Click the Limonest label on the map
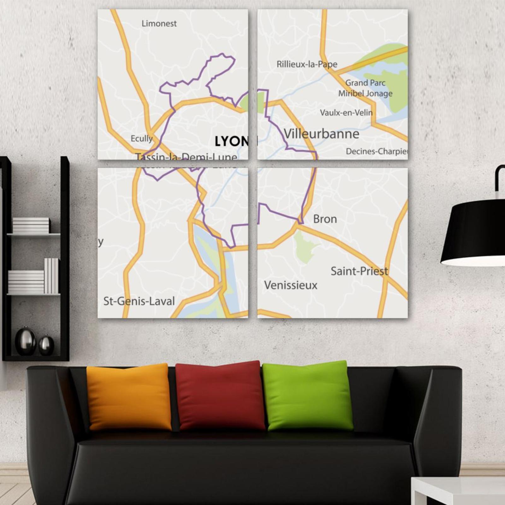pos(159,24)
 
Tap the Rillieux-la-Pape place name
pos(307,64)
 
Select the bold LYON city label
pos(232,141)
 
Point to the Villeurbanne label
pos(321,134)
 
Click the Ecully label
pos(142,138)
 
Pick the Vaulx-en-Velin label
pos(346,113)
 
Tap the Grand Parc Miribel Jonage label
pos(365,88)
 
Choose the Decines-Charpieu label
pos(376,151)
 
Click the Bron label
pos(325,219)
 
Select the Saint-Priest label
pos(359,271)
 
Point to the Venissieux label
pos(291,285)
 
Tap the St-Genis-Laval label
pos(139,301)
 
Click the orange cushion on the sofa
pos(129,397)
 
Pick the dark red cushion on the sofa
pos(220,396)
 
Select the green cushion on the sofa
pos(308,396)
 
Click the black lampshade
pos(473,234)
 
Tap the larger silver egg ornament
pos(26,341)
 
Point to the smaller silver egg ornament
pos(46,345)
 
